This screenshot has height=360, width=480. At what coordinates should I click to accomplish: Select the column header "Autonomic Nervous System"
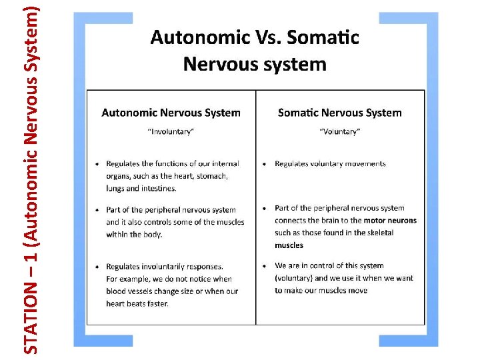[171, 113]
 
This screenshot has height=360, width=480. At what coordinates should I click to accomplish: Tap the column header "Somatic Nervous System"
[339, 113]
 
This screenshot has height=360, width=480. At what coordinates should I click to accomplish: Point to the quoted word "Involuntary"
[171, 131]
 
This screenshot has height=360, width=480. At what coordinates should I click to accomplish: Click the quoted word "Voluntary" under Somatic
[339, 131]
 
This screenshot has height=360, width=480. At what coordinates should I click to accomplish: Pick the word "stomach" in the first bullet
[211, 176]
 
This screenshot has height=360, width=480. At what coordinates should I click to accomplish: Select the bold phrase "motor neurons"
[390, 220]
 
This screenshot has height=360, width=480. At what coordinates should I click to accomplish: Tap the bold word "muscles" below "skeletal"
[289, 245]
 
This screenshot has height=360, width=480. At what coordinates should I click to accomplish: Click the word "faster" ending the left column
[157, 303]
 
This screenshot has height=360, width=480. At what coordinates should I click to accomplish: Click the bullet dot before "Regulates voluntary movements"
[265, 164]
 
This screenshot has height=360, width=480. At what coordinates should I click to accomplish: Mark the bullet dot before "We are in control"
[265, 266]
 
